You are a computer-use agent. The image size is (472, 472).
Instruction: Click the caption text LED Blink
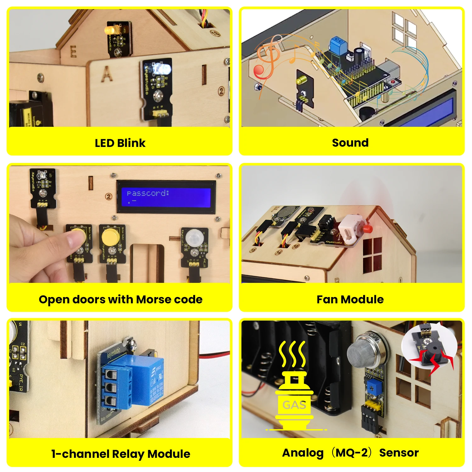tap(120, 143)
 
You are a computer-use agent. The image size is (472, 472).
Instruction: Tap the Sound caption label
tap(350, 143)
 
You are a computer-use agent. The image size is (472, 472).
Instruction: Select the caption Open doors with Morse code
tap(121, 299)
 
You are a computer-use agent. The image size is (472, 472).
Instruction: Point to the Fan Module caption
tap(350, 299)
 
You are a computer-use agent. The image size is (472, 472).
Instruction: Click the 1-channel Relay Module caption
tap(121, 454)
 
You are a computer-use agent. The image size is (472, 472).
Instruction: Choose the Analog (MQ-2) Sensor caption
tap(350, 453)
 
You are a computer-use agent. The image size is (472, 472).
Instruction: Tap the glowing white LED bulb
tap(163, 68)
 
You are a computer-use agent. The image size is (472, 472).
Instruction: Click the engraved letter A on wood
tap(107, 74)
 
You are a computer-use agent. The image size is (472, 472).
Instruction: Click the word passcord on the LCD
tap(148, 193)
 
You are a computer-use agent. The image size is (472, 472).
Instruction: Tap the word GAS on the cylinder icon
tap(294, 405)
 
